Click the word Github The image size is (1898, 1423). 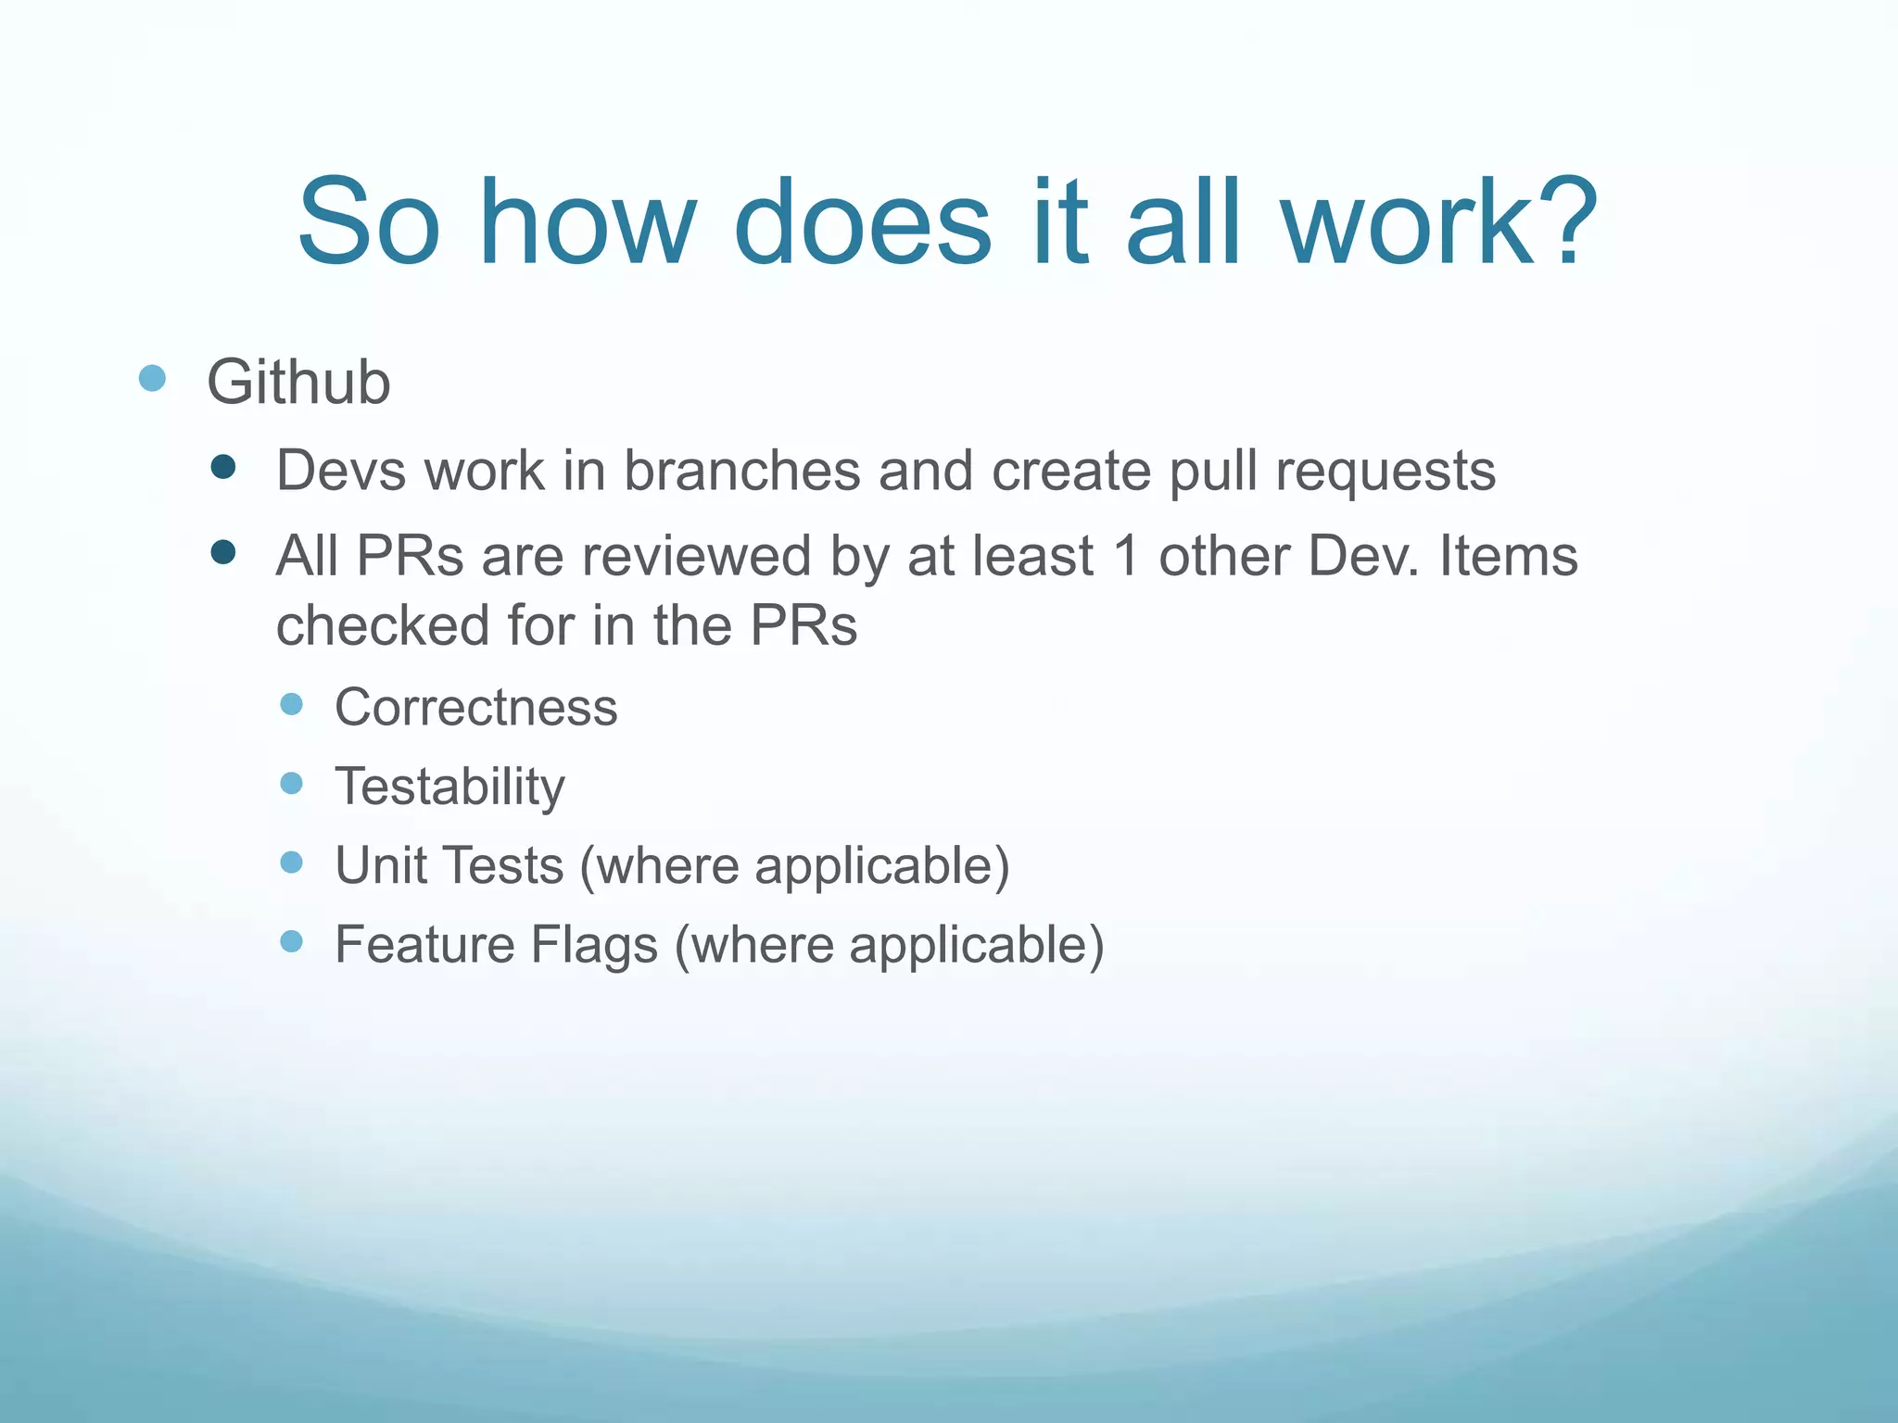coord(298,383)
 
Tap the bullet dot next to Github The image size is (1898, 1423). coord(152,378)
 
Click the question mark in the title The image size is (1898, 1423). coord(1563,222)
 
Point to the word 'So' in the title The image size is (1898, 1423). coord(369,222)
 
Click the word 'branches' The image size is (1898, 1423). coord(741,471)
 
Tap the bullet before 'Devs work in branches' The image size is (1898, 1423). coord(223,466)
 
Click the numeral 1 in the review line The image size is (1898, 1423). coord(1126,556)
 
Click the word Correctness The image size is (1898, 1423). coord(475,708)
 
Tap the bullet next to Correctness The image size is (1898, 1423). coord(291,704)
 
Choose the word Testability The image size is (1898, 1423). coord(449,787)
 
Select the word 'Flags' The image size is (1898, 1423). coord(594,945)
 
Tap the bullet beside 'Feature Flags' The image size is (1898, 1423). coord(291,941)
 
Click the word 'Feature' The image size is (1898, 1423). coord(424,945)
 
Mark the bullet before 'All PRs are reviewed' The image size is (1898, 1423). coord(223,553)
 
